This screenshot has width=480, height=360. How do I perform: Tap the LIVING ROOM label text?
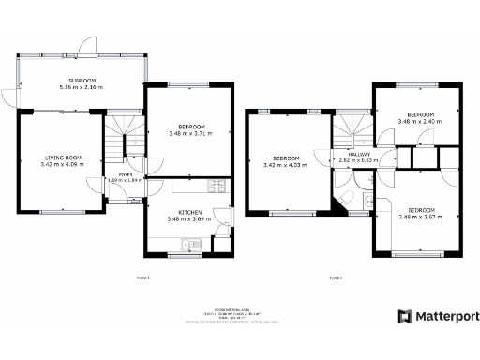pyautogui.click(x=62, y=157)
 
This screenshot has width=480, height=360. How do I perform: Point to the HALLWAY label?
pyautogui.click(x=359, y=155)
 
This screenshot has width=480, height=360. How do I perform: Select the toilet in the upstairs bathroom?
pyautogui.click(x=346, y=198)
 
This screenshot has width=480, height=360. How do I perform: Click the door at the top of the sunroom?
pyautogui.click(x=87, y=44)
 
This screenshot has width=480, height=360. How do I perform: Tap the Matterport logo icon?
pyautogui.click(x=404, y=316)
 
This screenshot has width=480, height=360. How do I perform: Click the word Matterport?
pyautogui.click(x=442, y=316)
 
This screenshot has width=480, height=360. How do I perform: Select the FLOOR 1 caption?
pyautogui.click(x=143, y=277)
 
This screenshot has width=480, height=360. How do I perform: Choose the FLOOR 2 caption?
pyautogui.click(x=336, y=277)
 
